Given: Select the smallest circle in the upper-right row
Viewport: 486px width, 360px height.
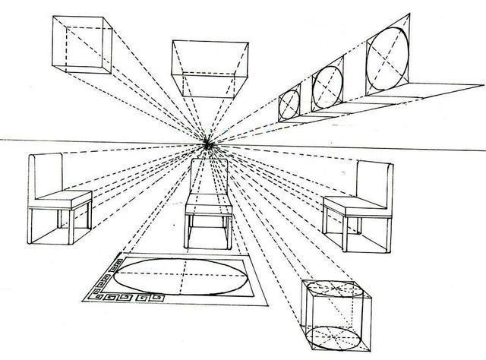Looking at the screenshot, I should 290,102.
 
